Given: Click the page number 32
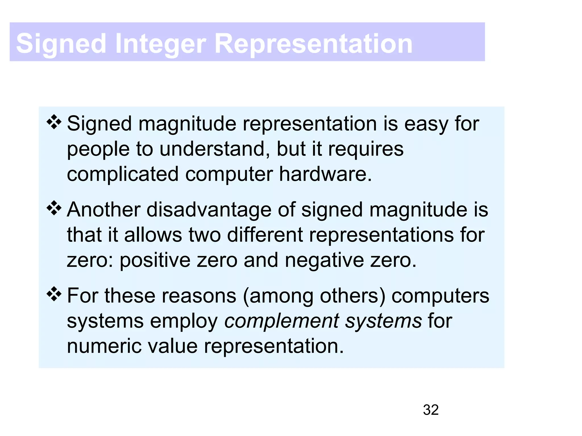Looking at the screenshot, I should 431,410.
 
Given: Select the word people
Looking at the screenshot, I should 98,149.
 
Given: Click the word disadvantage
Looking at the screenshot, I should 209,210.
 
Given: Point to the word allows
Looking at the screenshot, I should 153,235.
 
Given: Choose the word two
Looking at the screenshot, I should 205,235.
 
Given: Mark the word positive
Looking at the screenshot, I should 155,260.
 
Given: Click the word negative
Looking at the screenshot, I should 324,260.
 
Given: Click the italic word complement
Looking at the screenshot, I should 282,321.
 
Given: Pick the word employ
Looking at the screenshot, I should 184,321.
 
